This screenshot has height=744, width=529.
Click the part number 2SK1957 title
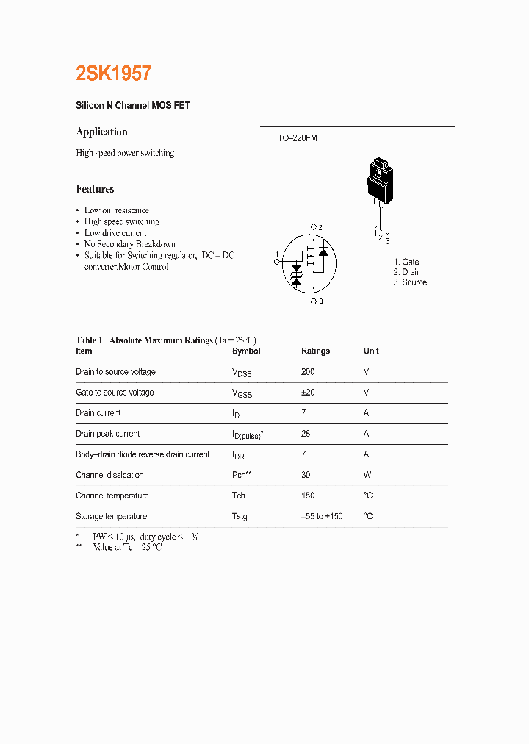tap(114, 74)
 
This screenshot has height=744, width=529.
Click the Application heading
tap(101, 132)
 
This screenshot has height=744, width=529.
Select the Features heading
tap(95, 189)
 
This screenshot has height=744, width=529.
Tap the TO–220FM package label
tap(297, 138)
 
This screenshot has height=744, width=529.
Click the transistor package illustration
tap(380, 182)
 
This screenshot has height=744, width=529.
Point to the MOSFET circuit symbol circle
tap(309, 263)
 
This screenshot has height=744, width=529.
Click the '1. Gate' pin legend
tap(406, 262)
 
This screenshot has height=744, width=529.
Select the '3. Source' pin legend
tap(410, 282)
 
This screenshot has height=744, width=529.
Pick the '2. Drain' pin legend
tap(407, 273)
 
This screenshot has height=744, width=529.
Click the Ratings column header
tap(315, 351)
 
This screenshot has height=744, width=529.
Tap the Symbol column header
tap(246, 351)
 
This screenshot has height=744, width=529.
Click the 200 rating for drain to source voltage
tap(308, 372)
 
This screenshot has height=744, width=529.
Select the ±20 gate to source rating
tap(308, 393)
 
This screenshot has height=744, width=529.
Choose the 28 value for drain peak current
tap(306, 434)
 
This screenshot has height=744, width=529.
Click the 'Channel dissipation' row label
tap(109, 475)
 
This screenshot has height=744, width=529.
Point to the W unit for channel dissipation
tap(367, 475)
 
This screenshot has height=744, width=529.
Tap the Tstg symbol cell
tap(240, 516)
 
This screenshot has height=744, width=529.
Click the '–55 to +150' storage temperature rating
tap(322, 516)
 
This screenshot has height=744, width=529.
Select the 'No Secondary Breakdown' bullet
tap(129, 244)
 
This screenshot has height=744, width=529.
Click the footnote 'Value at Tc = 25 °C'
tap(126, 548)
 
